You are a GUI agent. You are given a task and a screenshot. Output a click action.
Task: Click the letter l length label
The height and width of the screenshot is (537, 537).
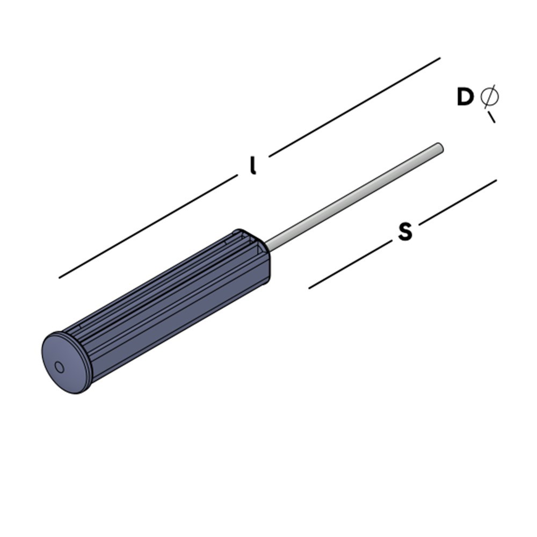[x=252, y=166]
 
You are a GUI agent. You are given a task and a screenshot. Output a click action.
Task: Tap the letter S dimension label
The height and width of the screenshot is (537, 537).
[x=405, y=232]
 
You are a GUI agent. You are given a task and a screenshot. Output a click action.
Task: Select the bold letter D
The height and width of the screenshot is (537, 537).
[x=465, y=98]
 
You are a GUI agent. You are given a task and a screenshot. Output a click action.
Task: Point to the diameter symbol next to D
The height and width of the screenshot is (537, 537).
[x=489, y=97]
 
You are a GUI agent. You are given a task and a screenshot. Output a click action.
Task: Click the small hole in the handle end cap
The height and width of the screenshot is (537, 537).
[x=59, y=367]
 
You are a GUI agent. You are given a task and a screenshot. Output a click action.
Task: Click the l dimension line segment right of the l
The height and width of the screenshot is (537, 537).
[x=354, y=107]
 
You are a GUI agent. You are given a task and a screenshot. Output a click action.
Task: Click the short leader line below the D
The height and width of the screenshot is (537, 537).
[x=491, y=117]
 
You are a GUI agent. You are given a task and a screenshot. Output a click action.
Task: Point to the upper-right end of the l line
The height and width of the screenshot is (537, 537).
[x=439, y=58]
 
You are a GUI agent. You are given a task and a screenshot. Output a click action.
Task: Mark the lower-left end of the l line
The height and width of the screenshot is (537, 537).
[x=60, y=277]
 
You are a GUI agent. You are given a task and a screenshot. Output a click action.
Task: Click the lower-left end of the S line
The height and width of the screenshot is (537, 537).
[x=310, y=288]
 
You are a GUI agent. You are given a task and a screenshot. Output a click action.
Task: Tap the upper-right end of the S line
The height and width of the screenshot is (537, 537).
[x=496, y=180]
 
